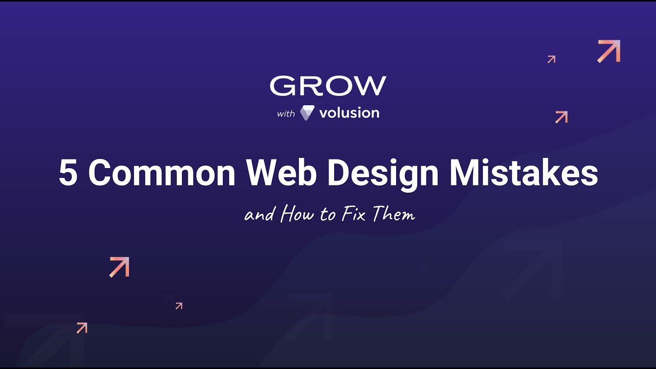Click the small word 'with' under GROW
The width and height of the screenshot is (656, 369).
tap(286, 114)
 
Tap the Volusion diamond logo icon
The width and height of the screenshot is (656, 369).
tap(307, 113)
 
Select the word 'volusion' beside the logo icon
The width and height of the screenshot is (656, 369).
tap(349, 113)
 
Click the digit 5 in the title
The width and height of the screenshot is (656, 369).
tap(68, 173)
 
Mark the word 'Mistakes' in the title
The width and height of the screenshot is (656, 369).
tap(523, 173)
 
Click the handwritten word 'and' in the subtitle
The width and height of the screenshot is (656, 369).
tap(260, 215)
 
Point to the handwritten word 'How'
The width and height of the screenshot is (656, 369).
tap(297, 214)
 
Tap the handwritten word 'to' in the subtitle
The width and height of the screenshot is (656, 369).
tap(328, 215)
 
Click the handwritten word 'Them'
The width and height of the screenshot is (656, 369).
tap(393, 214)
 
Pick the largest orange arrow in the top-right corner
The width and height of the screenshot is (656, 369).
tap(609, 51)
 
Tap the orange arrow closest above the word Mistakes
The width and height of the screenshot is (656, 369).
tap(562, 117)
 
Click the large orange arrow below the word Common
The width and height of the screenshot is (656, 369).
tap(119, 267)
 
